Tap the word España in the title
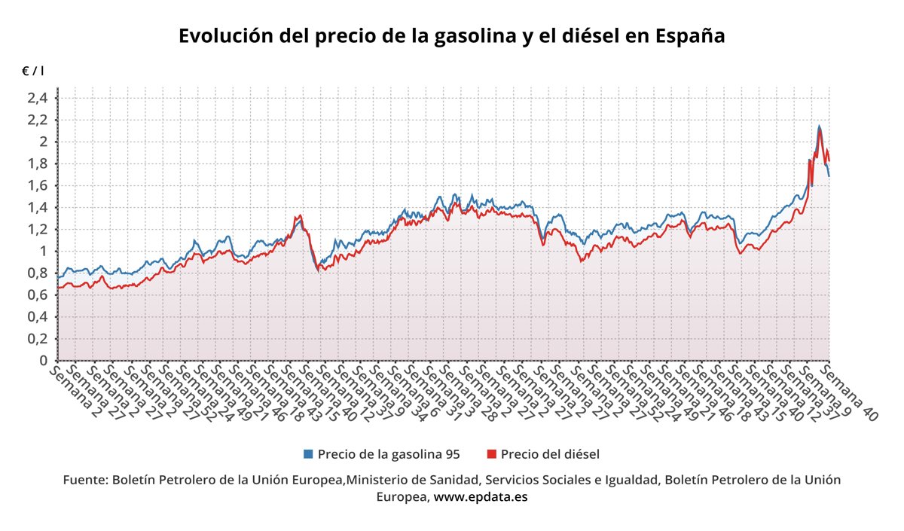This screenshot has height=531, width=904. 690,36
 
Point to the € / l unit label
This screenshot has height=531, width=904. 33,71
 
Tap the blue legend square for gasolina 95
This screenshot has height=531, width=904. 307,454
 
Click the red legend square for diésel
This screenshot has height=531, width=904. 491,454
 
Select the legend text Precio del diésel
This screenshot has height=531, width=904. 549,454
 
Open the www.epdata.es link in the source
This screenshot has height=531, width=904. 480,497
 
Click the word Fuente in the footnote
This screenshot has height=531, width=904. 85,480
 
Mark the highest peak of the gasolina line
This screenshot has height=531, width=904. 819,126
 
